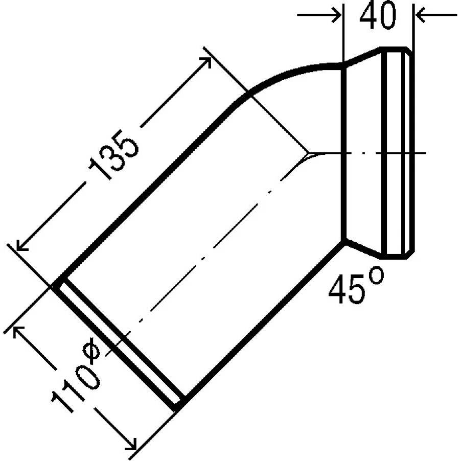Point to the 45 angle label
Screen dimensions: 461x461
(347, 289)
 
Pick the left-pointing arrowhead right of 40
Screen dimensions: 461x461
(421, 15)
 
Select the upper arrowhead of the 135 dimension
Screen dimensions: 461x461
(206, 61)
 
